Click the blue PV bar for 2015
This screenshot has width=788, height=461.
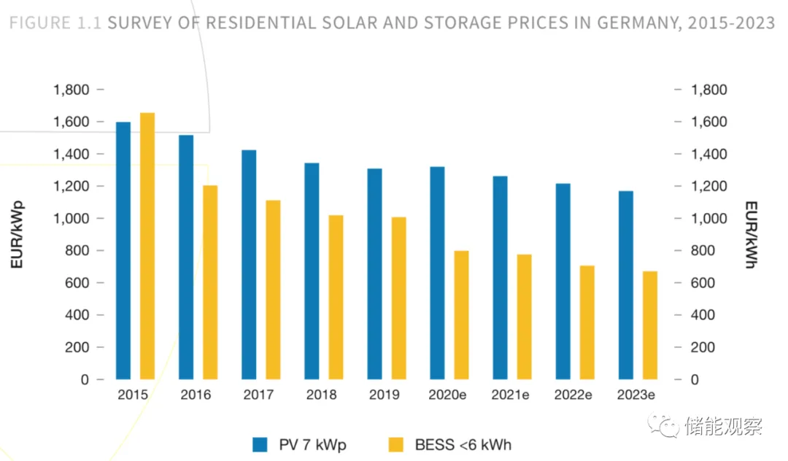coord(123,251)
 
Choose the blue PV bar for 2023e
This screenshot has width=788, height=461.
coord(626,285)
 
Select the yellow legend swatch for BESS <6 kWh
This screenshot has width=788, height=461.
coord(395,444)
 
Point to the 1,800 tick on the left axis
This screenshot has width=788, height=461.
coord(72,90)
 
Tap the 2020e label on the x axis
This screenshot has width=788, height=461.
coord(447,395)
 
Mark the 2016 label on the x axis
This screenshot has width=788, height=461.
coord(196,395)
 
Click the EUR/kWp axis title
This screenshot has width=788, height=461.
coord(17,234)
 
